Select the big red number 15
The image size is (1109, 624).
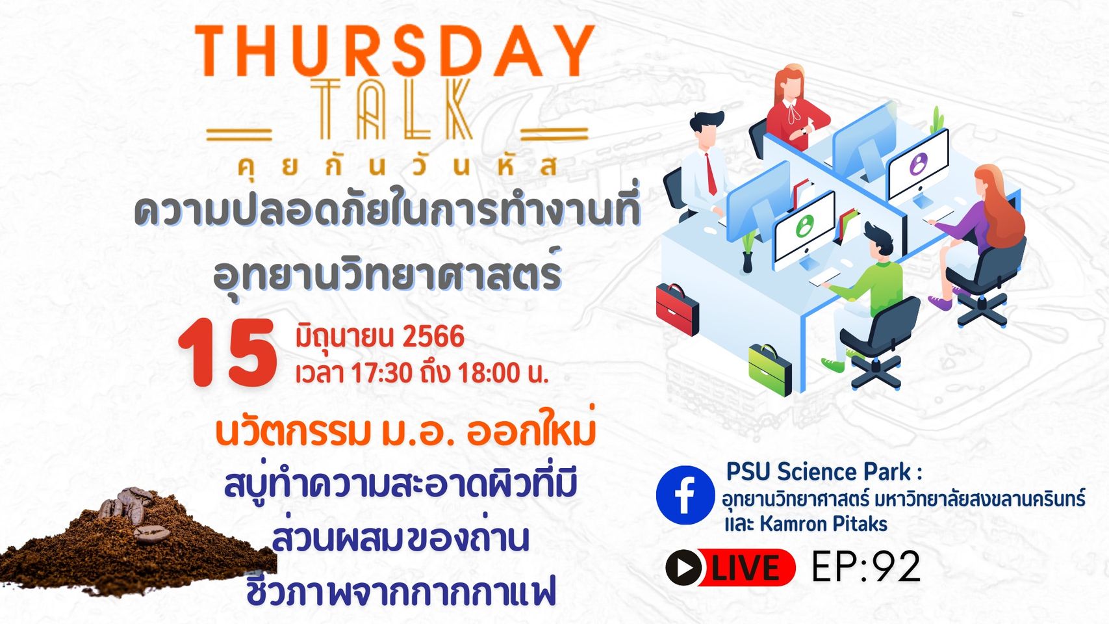pyautogui.click(x=227, y=352)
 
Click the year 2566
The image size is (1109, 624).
pyautogui.click(x=433, y=337)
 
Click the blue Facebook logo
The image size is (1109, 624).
pyautogui.click(x=685, y=495)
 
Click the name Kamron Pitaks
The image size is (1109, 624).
pyautogui.click(x=823, y=524)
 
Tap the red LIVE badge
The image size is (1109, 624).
pyautogui.click(x=731, y=567)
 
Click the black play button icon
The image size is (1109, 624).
pyautogui.click(x=683, y=567)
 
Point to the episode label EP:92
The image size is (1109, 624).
pyautogui.click(x=866, y=567)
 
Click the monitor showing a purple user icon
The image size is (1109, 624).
pyautogui.click(x=918, y=166)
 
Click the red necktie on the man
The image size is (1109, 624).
pyautogui.click(x=711, y=174)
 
